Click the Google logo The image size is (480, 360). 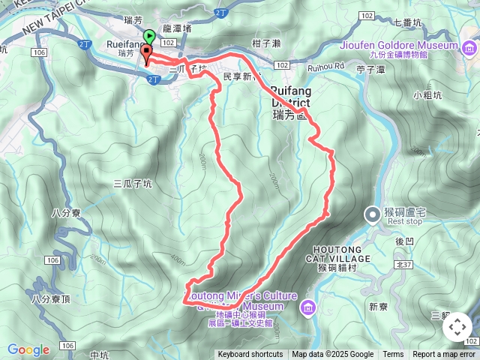click(28, 349)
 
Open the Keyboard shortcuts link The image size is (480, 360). click(250, 355)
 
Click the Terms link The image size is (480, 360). click(393, 355)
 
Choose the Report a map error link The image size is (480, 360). click(444, 355)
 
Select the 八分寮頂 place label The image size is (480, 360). click(50, 298)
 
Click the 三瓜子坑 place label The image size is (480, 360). click(132, 183)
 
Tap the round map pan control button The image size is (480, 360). click(457, 327)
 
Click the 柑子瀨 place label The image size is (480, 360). click(266, 44)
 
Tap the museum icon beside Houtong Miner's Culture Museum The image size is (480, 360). click(308, 307)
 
